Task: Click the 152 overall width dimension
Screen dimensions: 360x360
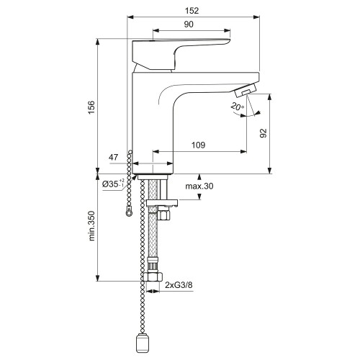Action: pyautogui.click(x=192, y=11)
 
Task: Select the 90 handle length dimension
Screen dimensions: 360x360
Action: pyautogui.click(x=189, y=24)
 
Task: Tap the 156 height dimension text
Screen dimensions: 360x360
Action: pyautogui.click(x=91, y=107)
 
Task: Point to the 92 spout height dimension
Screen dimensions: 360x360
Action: pyautogui.click(x=264, y=133)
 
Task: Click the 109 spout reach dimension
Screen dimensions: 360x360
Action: pyautogui.click(x=199, y=145)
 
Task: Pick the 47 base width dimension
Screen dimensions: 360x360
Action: pyautogui.click(x=113, y=157)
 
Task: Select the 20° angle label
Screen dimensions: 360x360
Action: pyautogui.click(x=237, y=106)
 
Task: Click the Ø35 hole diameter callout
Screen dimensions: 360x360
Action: pyautogui.click(x=113, y=184)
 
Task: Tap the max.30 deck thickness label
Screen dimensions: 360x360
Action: pyautogui.click(x=199, y=186)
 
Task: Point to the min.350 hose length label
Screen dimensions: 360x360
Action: pyautogui.click(x=91, y=226)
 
